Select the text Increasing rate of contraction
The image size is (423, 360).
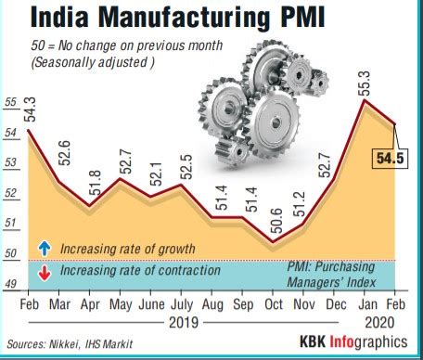click(139, 271)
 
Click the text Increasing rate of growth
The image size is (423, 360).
click(127, 249)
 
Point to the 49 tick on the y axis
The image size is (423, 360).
click(11, 284)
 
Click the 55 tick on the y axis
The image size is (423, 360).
click(11, 103)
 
